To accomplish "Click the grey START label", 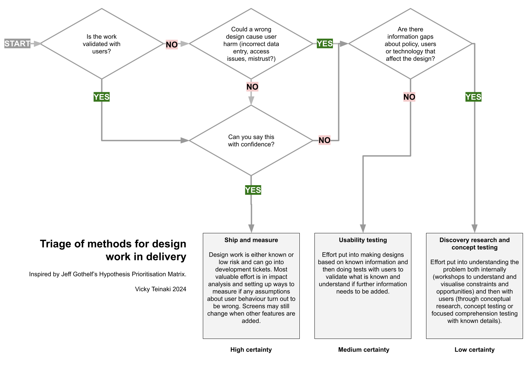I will tap(17, 43).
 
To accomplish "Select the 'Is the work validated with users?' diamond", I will tap(102, 44).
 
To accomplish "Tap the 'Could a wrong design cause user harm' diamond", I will tap(251, 44).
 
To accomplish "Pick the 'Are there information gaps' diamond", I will tap(410, 44).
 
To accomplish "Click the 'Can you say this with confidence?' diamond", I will tap(251, 140).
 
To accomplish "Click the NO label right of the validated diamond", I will tap(172, 44).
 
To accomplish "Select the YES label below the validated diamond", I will tap(102, 97).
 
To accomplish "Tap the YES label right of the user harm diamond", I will tap(324, 43).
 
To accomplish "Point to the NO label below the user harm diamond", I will tap(252, 87).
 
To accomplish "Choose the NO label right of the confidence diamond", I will tap(324, 140).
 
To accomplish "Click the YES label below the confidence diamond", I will tap(253, 190).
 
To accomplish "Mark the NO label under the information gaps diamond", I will tap(409, 97).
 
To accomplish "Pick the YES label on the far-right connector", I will tap(473, 97).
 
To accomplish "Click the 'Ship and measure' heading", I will tap(251, 240).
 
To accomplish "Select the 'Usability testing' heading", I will tap(363, 240).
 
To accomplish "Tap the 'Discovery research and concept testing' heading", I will tap(475, 244).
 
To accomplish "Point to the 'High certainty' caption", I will tap(251, 350).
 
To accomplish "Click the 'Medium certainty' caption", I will tap(364, 350).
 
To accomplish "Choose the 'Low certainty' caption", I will tap(475, 350).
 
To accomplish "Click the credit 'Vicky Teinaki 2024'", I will tap(160, 289).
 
